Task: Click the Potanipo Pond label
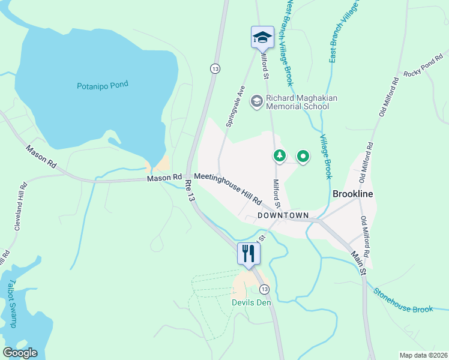(x=103, y=85)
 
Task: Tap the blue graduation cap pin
(x=262, y=37)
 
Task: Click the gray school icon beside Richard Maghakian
(x=257, y=101)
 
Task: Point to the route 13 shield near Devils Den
(x=265, y=289)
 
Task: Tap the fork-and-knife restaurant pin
(x=249, y=253)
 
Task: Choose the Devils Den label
(x=252, y=302)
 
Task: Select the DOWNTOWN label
(x=283, y=215)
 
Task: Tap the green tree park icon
(x=279, y=156)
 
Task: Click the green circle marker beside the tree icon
(x=303, y=157)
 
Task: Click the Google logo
(x=20, y=353)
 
